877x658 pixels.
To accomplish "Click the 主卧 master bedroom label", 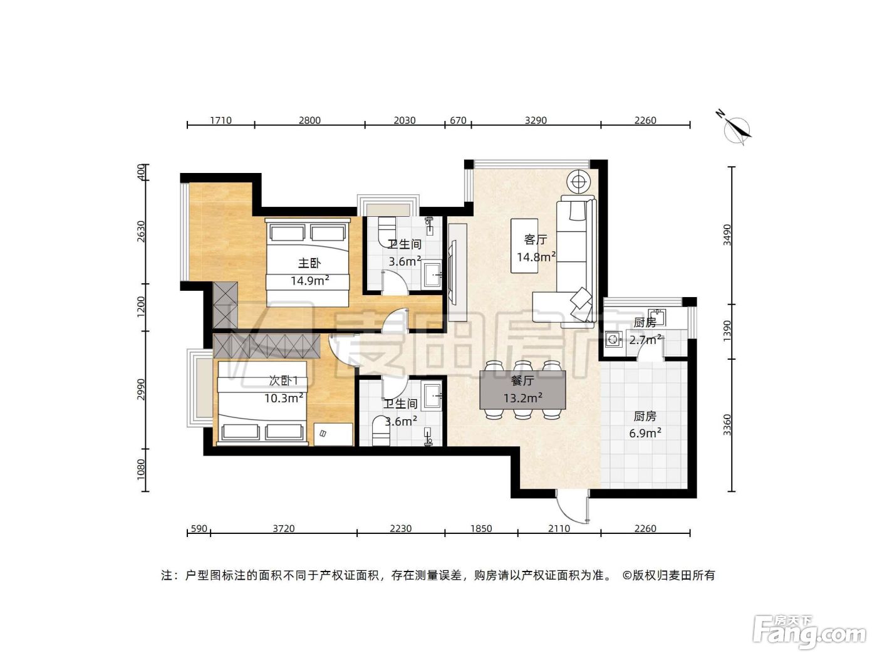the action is (309, 263).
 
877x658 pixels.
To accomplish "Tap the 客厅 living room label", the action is (536, 239).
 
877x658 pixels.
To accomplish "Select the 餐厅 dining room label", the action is (522, 380).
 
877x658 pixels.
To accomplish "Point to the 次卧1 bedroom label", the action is (283, 380).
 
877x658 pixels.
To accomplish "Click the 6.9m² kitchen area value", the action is (645, 433).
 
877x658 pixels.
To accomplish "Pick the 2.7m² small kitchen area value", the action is (645, 340).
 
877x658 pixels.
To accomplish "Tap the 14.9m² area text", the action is (309, 281).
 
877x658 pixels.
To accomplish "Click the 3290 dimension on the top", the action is (536, 120).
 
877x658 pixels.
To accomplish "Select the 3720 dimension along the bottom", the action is (284, 528).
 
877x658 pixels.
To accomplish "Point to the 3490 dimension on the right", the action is (727, 235).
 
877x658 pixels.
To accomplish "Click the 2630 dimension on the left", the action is (141, 231).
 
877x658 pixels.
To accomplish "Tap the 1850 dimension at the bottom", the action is (481, 528).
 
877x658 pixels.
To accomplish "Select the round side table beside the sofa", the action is (578, 182).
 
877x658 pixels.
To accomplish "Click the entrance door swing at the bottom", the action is (572, 508).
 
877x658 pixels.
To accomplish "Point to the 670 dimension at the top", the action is (458, 120).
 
